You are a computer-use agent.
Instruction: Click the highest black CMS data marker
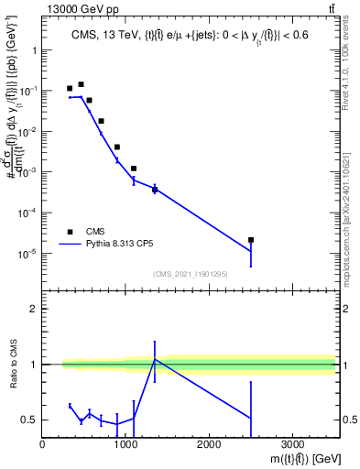[81, 84]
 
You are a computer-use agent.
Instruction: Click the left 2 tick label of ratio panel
[34, 309]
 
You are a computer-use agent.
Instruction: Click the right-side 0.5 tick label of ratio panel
[348, 420]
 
